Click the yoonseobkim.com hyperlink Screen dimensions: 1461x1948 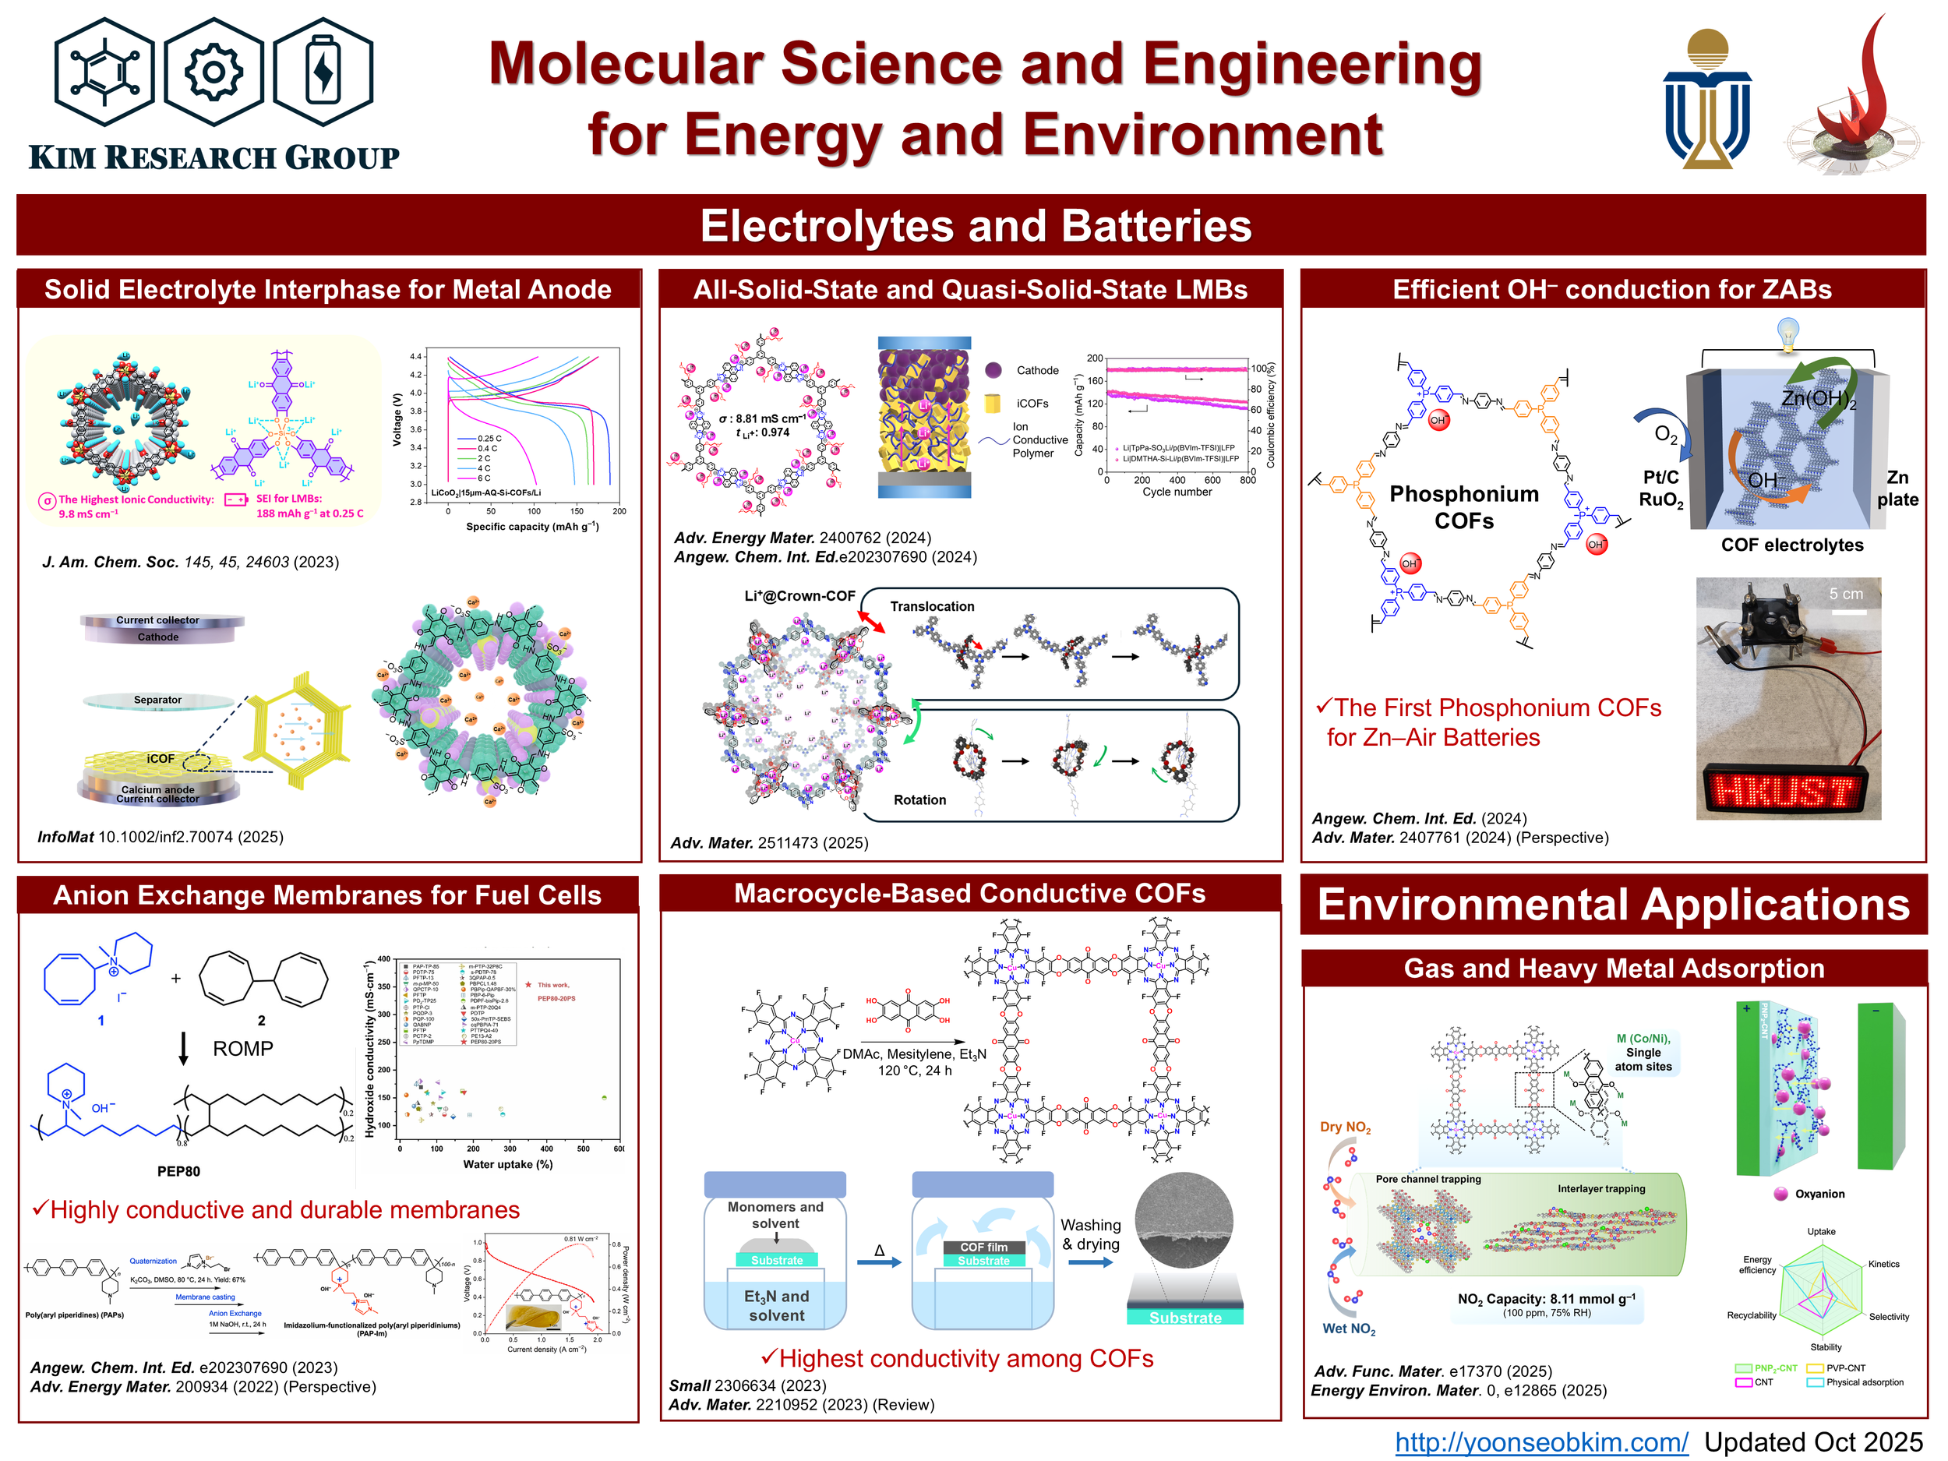pyautogui.click(x=1541, y=1442)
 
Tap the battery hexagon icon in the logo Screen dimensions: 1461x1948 pyautogui.click(x=323, y=72)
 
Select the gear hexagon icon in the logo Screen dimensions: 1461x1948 pyautogui.click(x=214, y=72)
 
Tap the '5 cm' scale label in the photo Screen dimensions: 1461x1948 pyautogui.click(x=1846, y=594)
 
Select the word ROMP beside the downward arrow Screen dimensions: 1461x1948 pyautogui.click(x=243, y=1048)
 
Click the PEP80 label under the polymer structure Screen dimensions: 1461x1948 pyautogui.click(x=178, y=1170)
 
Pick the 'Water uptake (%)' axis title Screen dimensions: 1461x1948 pyautogui.click(x=507, y=1164)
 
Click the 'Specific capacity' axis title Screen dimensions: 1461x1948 pyautogui.click(x=532, y=527)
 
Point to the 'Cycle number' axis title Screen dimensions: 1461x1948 pyautogui.click(x=1177, y=492)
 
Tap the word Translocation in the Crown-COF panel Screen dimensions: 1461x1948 pyautogui.click(x=932, y=606)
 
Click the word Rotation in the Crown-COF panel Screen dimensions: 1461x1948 pyautogui.click(x=919, y=799)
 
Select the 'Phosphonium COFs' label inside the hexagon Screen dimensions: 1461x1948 pyautogui.click(x=1463, y=506)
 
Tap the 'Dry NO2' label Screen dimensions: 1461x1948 pyautogui.click(x=1345, y=1128)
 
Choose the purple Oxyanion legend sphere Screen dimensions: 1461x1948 pyautogui.click(x=1780, y=1195)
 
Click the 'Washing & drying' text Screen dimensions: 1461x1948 pyautogui.click(x=1090, y=1235)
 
